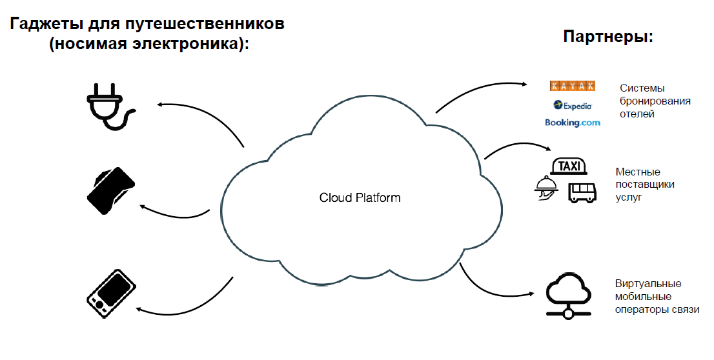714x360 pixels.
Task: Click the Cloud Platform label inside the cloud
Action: tap(360, 197)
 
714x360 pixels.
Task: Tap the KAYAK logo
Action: tap(572, 86)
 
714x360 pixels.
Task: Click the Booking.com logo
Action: tap(572, 122)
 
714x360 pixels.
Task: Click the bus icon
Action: tap(582, 192)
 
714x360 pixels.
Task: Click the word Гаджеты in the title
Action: tap(48, 25)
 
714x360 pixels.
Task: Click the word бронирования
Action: tap(655, 101)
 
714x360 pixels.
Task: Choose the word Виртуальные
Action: tap(648, 284)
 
